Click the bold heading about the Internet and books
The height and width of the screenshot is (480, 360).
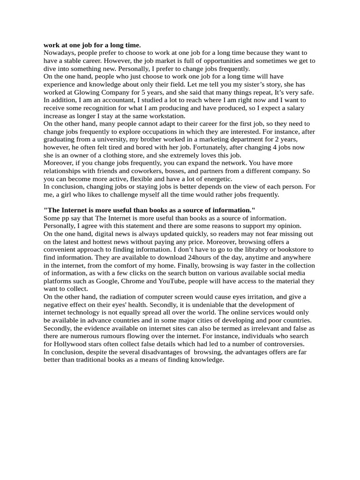tap(149, 210)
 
